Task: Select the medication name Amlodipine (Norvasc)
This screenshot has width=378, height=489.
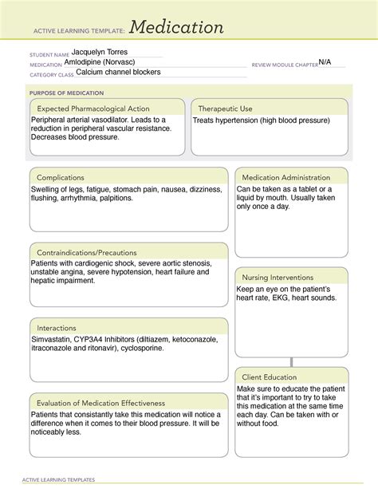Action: pyautogui.click(x=111, y=61)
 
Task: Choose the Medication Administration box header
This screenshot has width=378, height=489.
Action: pyautogui.click(x=285, y=177)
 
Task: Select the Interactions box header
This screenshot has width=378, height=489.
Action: pyautogui.click(x=57, y=327)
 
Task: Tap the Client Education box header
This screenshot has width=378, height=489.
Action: pyautogui.click(x=270, y=377)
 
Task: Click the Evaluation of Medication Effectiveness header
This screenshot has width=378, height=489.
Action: pyautogui.click(x=100, y=403)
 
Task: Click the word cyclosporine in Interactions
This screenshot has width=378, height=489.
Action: pyautogui.click(x=143, y=348)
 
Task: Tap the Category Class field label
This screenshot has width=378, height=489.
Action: pyautogui.click(x=51, y=74)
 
